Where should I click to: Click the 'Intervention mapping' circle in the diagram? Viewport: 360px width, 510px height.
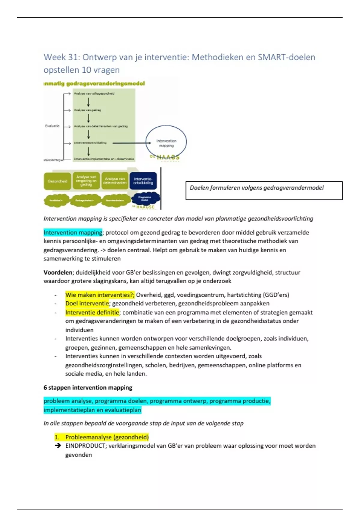coord(166,143)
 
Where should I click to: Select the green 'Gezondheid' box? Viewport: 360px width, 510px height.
coord(58,181)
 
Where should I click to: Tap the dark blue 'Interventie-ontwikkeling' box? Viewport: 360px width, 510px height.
coord(143,181)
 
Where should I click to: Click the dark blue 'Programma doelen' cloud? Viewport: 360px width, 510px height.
coord(145,199)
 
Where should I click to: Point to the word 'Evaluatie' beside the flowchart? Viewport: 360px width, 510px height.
coord(52,126)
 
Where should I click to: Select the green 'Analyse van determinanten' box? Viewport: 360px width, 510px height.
coord(115,181)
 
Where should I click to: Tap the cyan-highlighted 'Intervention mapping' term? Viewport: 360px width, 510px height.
coord(73,232)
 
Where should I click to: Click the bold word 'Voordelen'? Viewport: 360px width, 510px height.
coord(58,272)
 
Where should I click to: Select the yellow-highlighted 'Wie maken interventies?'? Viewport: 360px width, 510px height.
coord(100,295)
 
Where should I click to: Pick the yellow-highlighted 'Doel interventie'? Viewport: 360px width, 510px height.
coord(87,304)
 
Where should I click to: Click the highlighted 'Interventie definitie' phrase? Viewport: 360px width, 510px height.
coord(92,313)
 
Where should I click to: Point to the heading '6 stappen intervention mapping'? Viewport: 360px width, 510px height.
coord(88,388)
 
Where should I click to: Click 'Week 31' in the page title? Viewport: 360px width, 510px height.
coord(61,57)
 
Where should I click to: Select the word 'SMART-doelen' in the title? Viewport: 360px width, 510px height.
coord(286,57)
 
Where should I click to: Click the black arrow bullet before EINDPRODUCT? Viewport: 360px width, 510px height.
coord(58,446)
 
